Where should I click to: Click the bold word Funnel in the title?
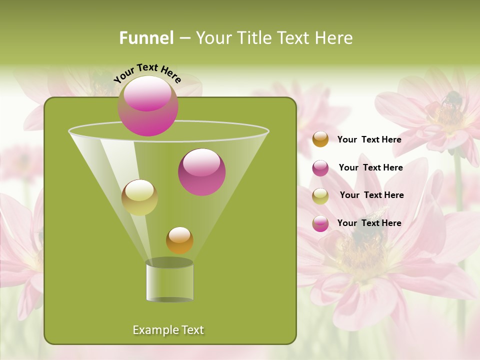coord(146,38)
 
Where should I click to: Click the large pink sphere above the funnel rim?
coord(147,105)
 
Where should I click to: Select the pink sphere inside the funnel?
coord(201,172)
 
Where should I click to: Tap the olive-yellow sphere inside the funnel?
coord(139,197)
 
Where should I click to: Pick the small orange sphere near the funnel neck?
coord(179,240)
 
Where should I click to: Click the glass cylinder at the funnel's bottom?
coord(169,281)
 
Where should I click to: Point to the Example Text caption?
coord(168,330)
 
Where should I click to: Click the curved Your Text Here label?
coord(147,72)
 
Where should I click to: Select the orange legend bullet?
coord(320,139)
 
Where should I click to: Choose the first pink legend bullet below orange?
coord(320,168)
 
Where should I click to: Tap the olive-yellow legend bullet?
coord(320,196)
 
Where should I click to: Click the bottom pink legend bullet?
coord(320,223)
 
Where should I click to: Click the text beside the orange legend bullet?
coord(369,139)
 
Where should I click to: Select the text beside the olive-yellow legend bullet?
coord(371,195)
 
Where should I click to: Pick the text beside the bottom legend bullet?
coord(369,223)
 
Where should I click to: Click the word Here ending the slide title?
coord(334,38)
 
